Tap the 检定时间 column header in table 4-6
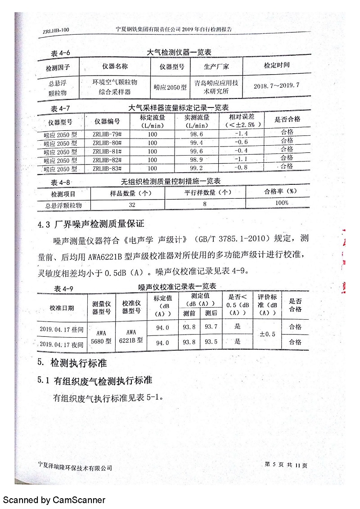(276, 65)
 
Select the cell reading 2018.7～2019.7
(276, 85)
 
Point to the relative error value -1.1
(241, 160)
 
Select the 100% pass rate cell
(282, 203)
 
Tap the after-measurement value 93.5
(211, 342)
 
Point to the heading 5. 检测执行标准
(72, 362)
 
